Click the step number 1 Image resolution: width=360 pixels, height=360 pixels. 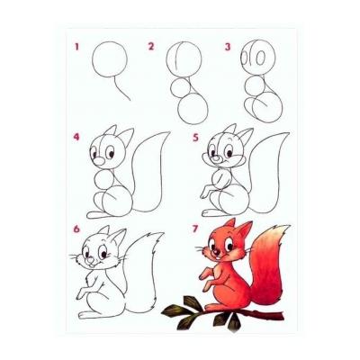pyautogui.click(x=76, y=47)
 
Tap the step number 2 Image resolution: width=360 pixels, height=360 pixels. pyautogui.click(x=151, y=47)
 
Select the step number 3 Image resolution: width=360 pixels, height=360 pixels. pyautogui.click(x=228, y=47)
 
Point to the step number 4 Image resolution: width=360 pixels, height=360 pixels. pyautogui.click(x=76, y=137)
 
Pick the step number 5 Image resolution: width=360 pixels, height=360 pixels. pyautogui.click(x=196, y=138)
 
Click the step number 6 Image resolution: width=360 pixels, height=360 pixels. pyautogui.click(x=76, y=229)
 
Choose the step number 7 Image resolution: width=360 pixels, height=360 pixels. pyautogui.click(x=195, y=229)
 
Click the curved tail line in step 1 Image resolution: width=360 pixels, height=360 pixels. pyautogui.click(x=120, y=89)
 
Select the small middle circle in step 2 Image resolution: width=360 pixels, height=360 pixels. pyautogui.click(x=181, y=87)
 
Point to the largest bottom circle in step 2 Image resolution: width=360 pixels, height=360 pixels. pyautogui.click(x=193, y=109)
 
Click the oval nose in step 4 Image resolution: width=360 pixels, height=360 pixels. pyautogui.click(x=99, y=161)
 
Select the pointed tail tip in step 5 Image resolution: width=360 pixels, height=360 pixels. pyautogui.click(x=285, y=134)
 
